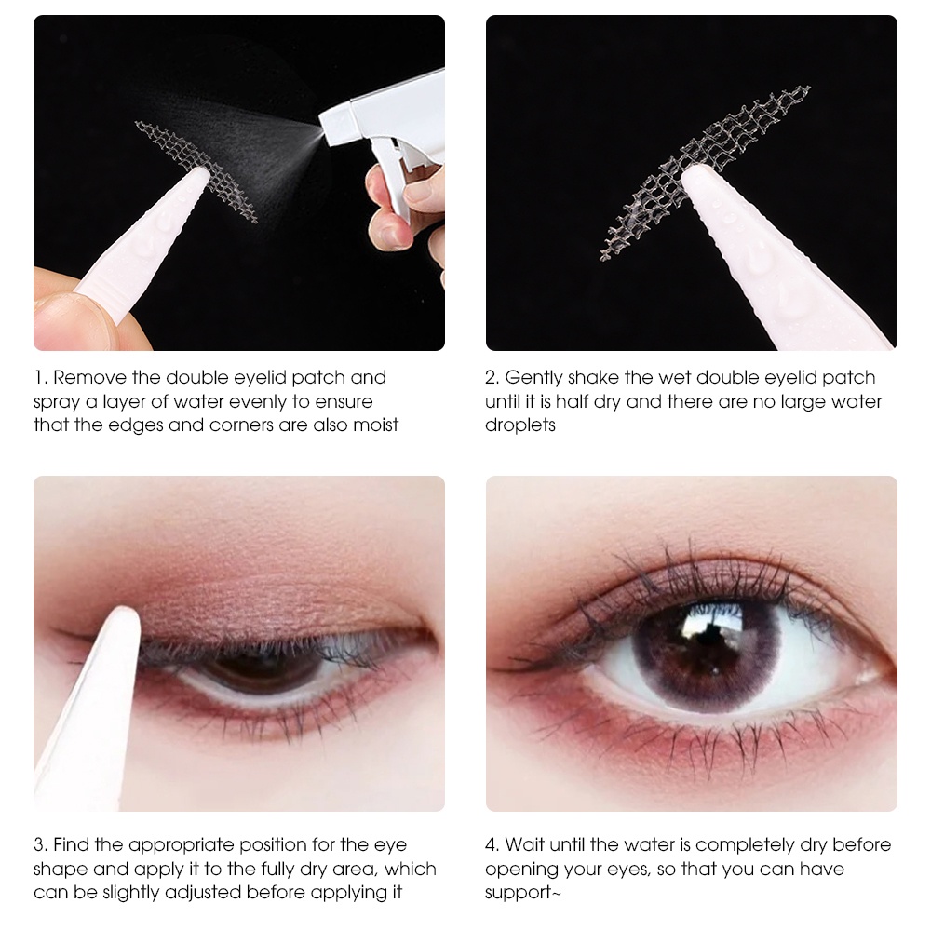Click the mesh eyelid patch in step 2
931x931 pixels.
tap(704, 172)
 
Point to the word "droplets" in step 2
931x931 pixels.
tap(520, 425)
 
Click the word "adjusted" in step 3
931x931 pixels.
tap(204, 893)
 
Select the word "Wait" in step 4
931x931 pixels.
tap(525, 845)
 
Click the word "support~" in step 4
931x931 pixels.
tap(522, 894)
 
